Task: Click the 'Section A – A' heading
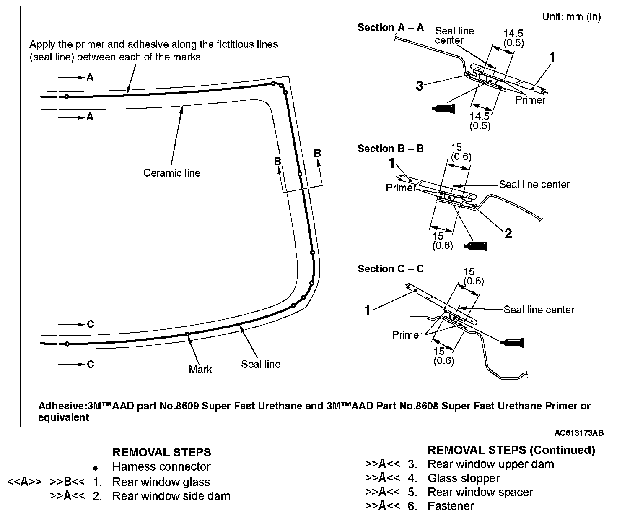point(390,28)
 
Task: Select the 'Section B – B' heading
point(390,149)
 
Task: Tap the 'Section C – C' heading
point(390,269)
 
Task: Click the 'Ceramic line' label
point(171,173)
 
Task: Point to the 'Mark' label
point(200,369)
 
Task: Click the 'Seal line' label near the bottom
point(260,364)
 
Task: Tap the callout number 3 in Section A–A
point(420,86)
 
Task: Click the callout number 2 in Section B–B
point(508,233)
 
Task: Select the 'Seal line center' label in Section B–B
point(534,185)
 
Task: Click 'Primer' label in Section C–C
point(407,335)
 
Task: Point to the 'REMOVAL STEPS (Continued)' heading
point(511,450)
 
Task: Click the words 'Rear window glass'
point(161,482)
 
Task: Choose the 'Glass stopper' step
point(464,478)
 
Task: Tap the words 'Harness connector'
point(161,466)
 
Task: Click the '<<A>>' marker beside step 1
point(24,482)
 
